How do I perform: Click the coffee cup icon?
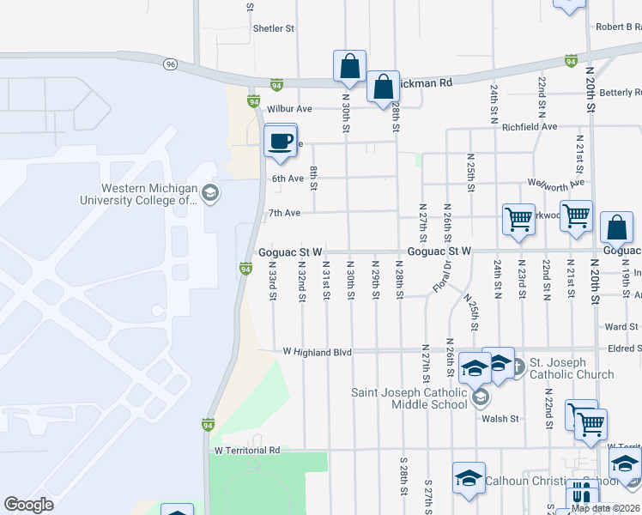coord(280,141)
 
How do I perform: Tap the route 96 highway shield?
coord(172,64)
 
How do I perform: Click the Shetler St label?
coord(274,28)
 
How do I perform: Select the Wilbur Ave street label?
coord(291,109)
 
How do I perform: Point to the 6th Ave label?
coord(288,179)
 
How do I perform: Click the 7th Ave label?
coord(284,212)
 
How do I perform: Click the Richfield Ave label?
coord(530,126)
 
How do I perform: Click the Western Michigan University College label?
coord(150,194)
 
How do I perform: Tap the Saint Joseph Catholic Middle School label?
coord(410,399)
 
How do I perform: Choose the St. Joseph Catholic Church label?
coord(571,368)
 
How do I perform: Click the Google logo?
coord(28,505)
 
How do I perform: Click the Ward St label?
coord(621,327)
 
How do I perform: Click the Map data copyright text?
coord(605,507)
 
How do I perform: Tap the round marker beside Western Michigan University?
coord(210,193)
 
